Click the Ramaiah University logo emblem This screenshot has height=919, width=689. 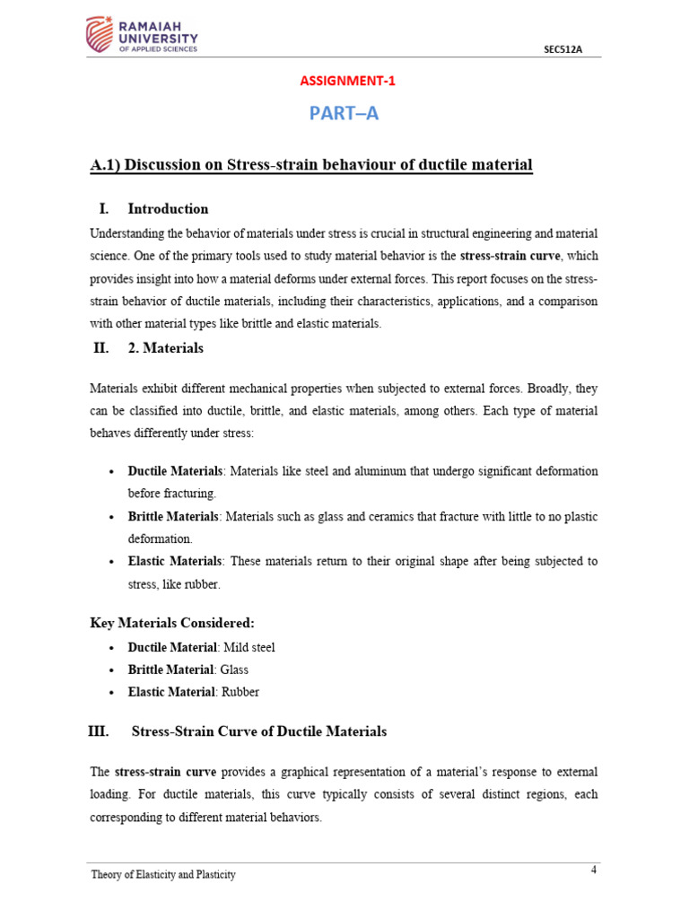tap(101, 35)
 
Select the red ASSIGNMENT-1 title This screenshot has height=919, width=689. tap(346, 81)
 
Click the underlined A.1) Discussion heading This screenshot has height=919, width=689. tap(311, 165)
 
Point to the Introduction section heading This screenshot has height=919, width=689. tap(168, 209)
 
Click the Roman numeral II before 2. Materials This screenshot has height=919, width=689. tap(100, 348)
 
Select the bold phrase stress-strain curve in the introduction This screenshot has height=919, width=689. tap(510, 256)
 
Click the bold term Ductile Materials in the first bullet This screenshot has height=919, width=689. tap(175, 471)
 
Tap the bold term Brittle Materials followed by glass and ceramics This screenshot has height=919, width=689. tap(173, 517)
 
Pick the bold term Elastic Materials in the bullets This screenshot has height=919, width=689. tap(174, 561)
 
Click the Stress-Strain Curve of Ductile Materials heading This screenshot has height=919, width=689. tap(259, 731)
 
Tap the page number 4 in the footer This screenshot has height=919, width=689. tap(594, 870)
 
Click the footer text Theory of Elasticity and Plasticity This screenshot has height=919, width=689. tap(163, 874)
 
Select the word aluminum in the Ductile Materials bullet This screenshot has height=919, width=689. tap(362, 471)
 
